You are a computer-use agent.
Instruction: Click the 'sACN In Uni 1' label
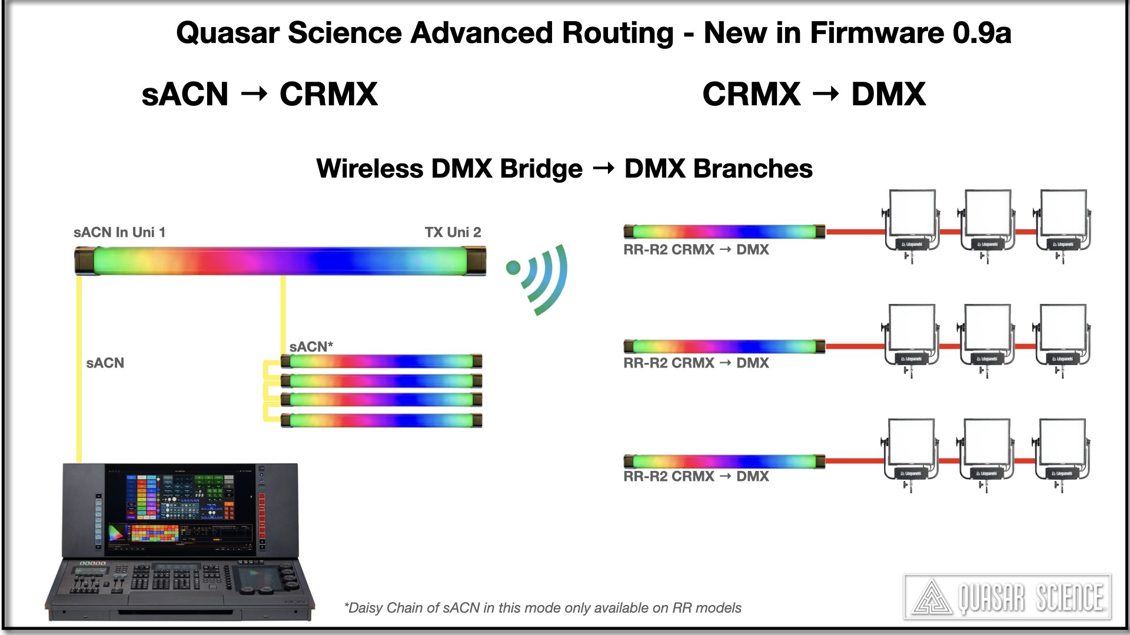[119, 232]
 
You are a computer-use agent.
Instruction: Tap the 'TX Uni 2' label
[453, 232]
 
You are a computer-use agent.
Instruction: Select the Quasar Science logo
[1007, 597]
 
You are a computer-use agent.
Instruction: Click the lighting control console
[180, 541]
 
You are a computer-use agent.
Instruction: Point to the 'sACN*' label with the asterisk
[311, 346]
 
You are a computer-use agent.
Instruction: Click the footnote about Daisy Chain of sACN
[542, 608]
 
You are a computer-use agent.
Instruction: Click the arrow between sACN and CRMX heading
[254, 94]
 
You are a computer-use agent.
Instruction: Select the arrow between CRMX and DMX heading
[826, 94]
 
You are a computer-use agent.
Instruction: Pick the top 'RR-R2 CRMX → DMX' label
[696, 249]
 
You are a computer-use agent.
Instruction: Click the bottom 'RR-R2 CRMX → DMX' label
[696, 476]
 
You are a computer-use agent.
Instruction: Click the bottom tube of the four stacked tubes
[381, 420]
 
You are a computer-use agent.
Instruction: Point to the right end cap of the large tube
[476, 261]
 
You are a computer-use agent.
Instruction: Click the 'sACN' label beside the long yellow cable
[105, 363]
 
